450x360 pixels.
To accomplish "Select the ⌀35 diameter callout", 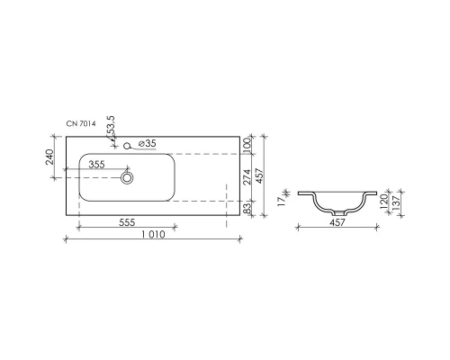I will pos(148,143).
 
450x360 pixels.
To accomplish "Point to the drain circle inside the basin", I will pos(127,178).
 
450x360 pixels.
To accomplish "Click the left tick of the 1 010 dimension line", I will pos(66,239).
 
